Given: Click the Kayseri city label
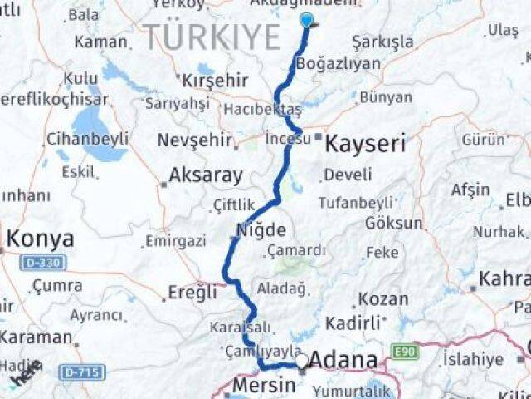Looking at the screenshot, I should pyautogui.click(x=365, y=144).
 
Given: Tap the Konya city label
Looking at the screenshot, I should pyautogui.click(x=40, y=239).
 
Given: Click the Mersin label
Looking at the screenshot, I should pyautogui.click(x=263, y=385).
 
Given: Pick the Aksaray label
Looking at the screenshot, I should pyautogui.click(x=205, y=175).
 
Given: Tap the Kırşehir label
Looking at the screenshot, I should pyautogui.click(x=214, y=81).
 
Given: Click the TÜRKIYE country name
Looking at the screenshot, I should pyautogui.click(x=212, y=37).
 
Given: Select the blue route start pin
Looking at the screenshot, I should pyautogui.click(x=307, y=22).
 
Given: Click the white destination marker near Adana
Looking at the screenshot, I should pyautogui.click(x=302, y=361).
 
